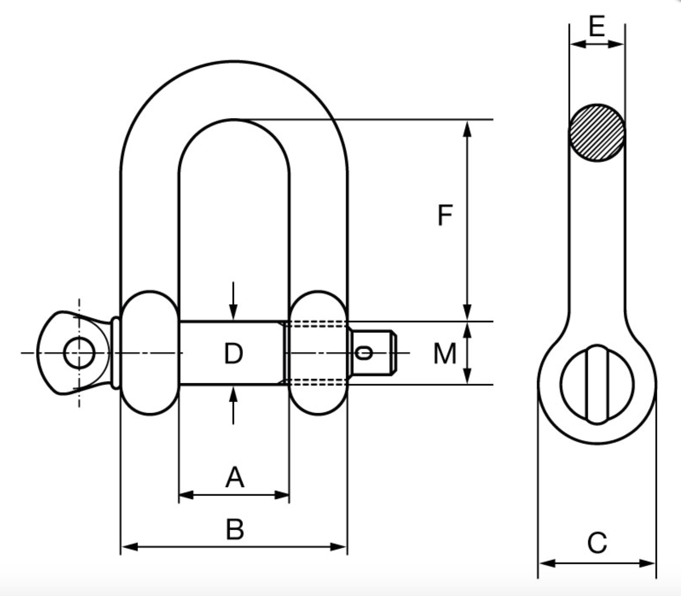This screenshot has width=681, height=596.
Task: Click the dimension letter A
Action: [x=235, y=478]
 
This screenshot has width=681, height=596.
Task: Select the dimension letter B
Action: [x=235, y=529]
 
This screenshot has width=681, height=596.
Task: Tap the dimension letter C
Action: [x=597, y=543]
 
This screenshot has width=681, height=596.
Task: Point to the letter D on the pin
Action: [x=233, y=354]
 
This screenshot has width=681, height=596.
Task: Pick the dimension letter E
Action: [x=597, y=27]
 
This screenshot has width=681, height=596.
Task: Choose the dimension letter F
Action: [x=445, y=216]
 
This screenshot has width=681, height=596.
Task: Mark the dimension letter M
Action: [x=445, y=354]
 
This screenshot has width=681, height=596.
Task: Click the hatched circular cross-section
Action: [x=597, y=133]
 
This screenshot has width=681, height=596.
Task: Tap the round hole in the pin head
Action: [x=79, y=353]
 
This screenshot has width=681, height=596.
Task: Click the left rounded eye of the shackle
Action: [x=150, y=353]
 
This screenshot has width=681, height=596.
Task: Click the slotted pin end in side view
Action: [x=597, y=384]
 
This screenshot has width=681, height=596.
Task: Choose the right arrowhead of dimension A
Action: [x=283, y=495]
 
